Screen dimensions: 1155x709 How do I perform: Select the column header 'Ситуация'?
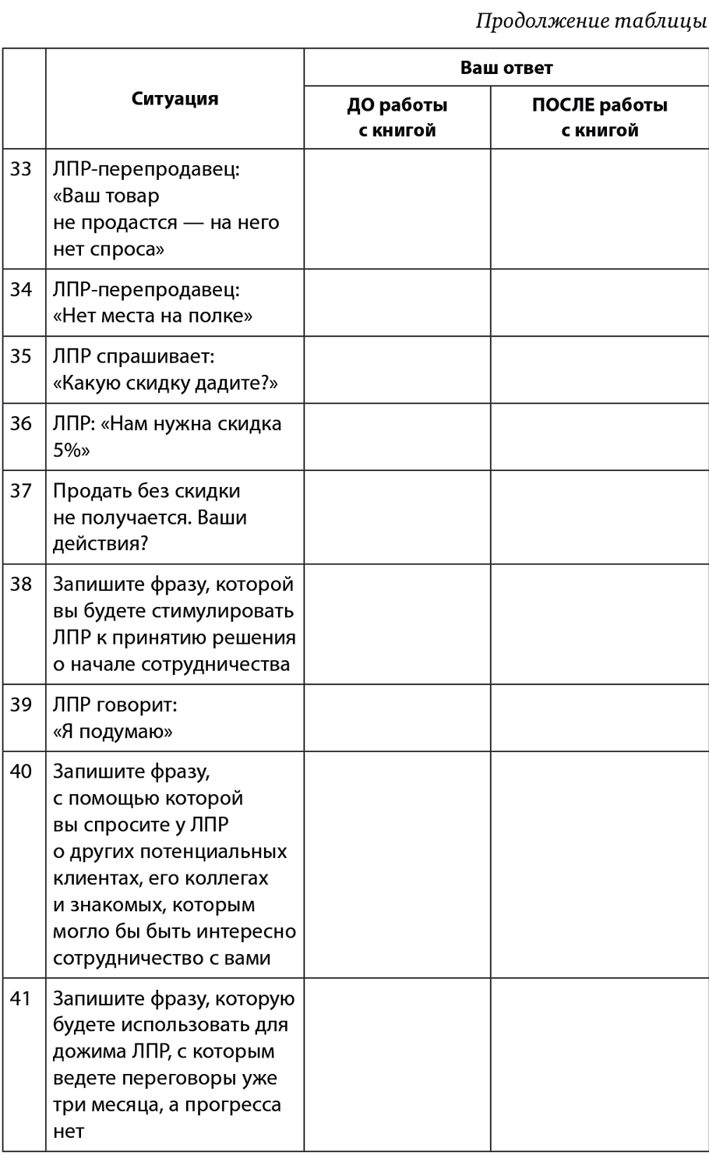[175, 98]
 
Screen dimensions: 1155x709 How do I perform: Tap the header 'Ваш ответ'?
[506, 68]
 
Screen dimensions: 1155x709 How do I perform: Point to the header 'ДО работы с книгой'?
[397, 118]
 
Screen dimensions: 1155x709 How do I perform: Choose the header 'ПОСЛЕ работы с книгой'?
[599, 118]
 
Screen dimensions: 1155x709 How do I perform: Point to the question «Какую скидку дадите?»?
[166, 383]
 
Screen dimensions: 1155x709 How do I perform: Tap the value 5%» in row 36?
[72, 450]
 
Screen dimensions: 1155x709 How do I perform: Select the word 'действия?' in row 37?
[101, 543]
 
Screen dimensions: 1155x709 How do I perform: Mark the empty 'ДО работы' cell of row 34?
[397, 302]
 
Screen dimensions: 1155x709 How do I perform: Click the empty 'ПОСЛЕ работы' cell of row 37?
[599, 517]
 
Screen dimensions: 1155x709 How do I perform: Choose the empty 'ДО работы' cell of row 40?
[397, 864]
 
